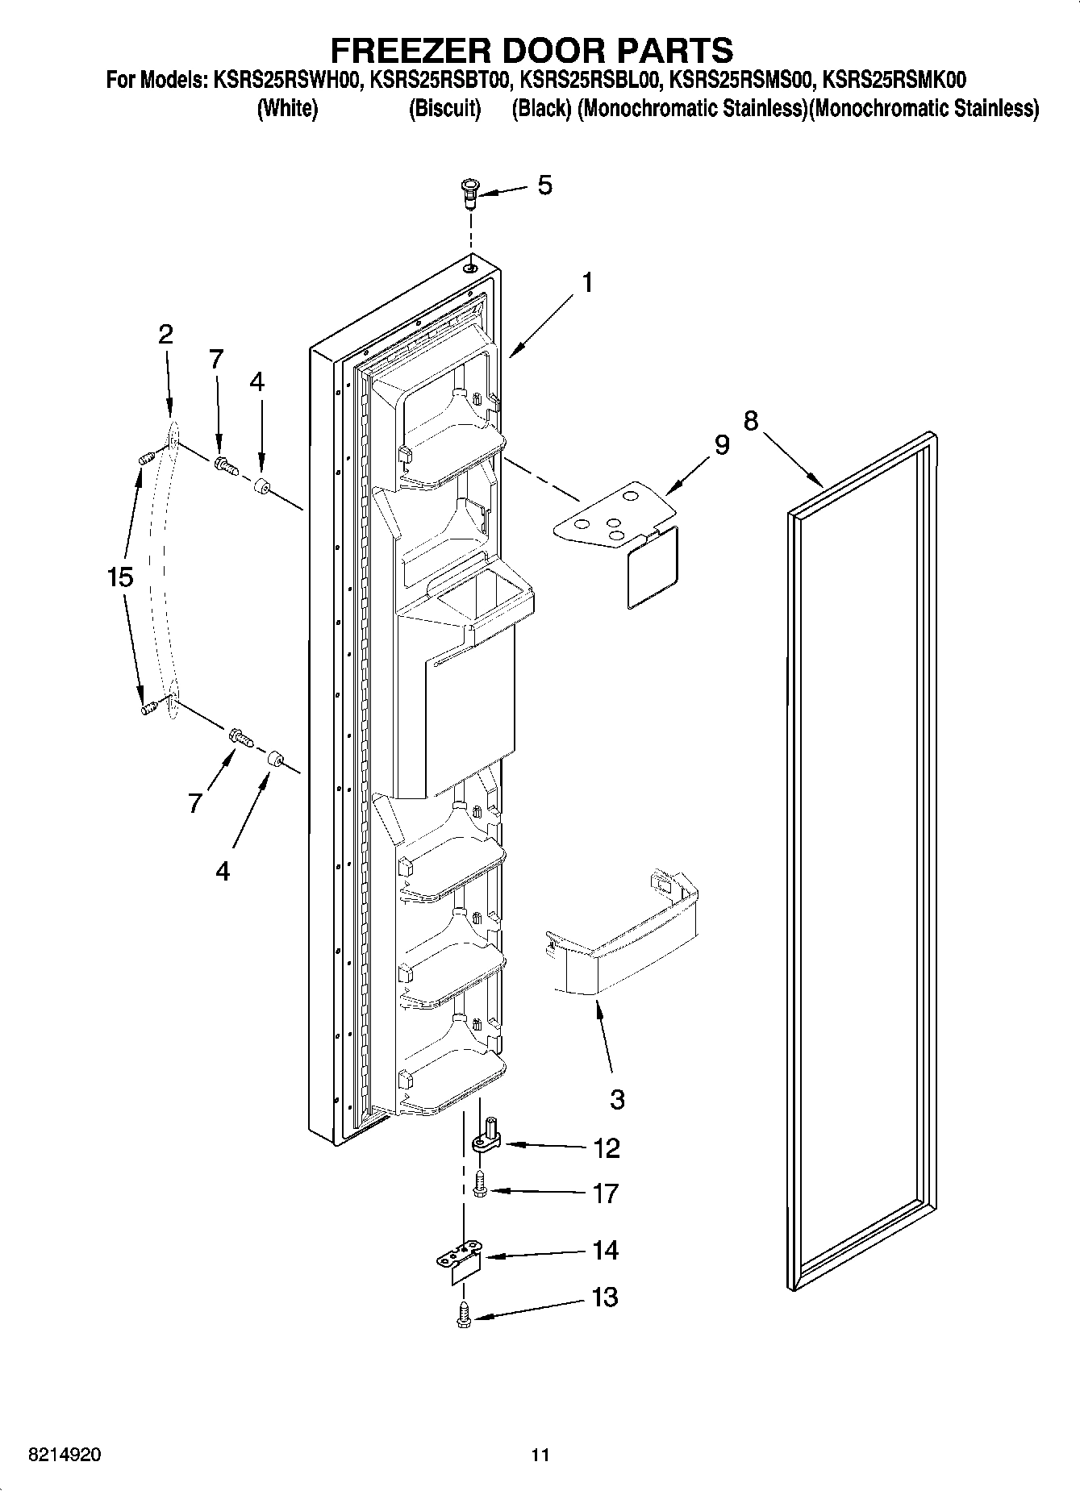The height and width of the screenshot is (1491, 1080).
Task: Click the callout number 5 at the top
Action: coord(545,185)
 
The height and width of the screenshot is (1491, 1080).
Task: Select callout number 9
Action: coord(721,445)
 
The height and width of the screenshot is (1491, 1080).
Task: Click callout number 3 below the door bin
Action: coord(617,1098)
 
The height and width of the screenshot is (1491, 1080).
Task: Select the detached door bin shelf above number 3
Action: coord(625,935)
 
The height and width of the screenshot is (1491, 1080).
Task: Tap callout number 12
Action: coord(606,1147)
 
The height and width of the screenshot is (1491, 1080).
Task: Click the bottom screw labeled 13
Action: coord(464,1317)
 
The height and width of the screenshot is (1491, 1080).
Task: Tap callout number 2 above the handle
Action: coord(165,334)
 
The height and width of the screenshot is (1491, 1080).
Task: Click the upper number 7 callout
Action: coord(216,360)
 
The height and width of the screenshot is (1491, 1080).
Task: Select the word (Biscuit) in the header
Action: coord(444,108)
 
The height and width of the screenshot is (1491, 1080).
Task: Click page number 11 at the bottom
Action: coord(540,1456)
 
